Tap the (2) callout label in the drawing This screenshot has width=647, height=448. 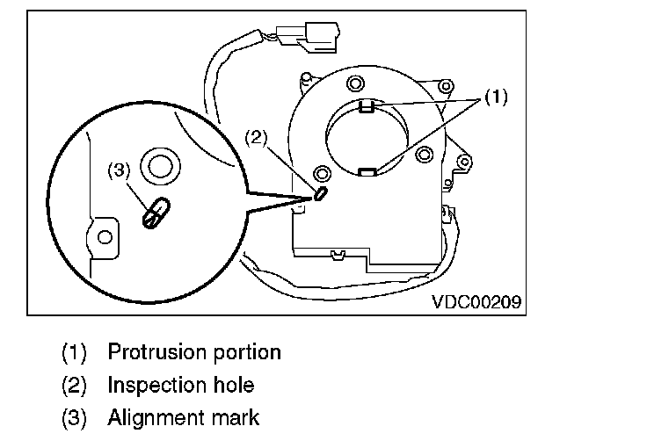click(255, 138)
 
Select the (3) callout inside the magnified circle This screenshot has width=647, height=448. click(119, 172)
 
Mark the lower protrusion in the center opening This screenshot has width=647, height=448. click(368, 171)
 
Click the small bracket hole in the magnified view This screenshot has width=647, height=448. click(105, 236)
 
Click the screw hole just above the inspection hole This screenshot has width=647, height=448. click(320, 172)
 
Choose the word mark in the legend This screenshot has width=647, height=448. click(233, 417)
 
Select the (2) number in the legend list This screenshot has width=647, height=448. click(75, 386)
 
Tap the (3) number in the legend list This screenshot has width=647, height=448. click(75, 418)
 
